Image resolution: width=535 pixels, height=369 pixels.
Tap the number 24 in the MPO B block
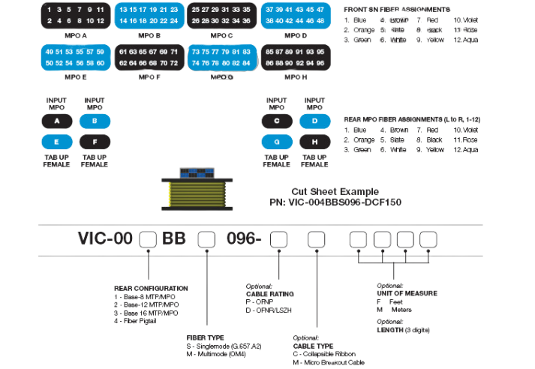pos(174,21)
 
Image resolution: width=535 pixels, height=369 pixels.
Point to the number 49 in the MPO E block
pos(50,52)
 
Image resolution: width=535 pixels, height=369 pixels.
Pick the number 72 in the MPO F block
pos(174,63)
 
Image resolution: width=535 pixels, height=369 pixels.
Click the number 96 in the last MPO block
pos(320,63)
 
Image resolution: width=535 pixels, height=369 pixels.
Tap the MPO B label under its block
pos(149,34)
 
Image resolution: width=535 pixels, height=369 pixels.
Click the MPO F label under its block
pos(149,76)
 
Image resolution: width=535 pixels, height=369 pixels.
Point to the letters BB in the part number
pos(174,239)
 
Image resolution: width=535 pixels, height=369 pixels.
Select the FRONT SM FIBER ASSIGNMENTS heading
pos(397,9)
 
